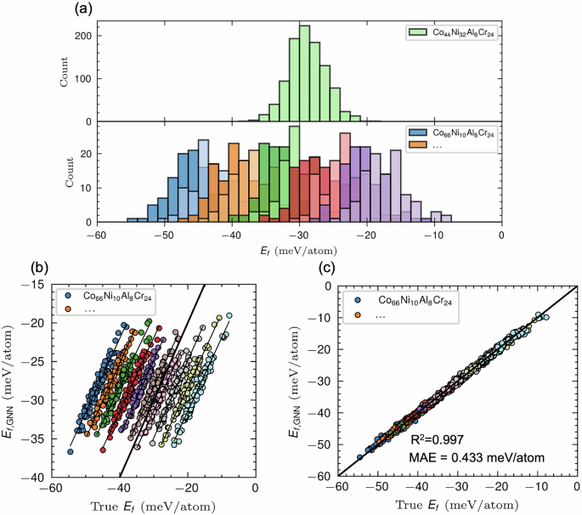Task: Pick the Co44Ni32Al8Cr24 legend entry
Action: pos(455,32)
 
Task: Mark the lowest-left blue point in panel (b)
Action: pos(71,452)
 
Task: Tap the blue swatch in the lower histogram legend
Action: pos(416,134)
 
